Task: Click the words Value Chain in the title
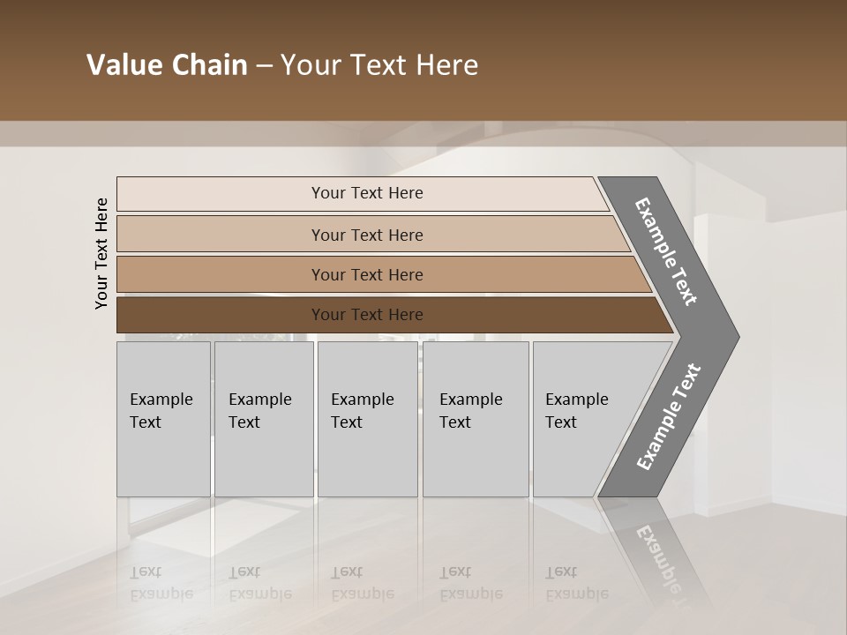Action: coord(167,65)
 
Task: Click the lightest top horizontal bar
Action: coord(221,194)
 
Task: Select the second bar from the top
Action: coord(221,235)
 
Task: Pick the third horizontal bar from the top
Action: coord(221,274)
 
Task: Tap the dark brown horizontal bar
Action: coord(221,315)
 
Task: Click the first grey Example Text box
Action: coord(163,459)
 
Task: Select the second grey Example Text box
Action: coord(264,459)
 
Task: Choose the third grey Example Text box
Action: coord(367,459)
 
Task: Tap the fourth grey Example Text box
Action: coord(476,459)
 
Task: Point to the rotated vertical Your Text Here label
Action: coord(101,254)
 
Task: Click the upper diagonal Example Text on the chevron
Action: coord(666,251)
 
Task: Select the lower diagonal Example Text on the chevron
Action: coord(668,417)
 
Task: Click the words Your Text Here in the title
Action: coord(379,65)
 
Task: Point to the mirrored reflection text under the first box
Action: coord(161,582)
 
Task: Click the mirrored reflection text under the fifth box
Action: coord(576,582)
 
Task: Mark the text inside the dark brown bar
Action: coord(367,315)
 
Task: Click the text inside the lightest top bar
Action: coord(367,193)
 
